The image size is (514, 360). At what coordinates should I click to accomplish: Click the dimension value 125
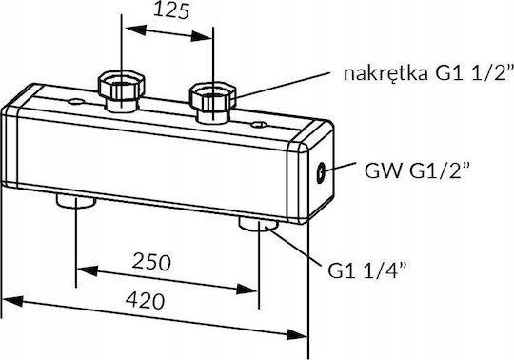click(171, 10)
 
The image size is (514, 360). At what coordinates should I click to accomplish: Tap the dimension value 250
click(151, 262)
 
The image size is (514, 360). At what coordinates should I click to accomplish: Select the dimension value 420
click(146, 301)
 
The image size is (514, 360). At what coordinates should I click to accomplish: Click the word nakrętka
click(385, 73)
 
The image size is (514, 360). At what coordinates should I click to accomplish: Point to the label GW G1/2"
click(417, 170)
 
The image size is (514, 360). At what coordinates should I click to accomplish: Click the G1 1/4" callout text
click(366, 270)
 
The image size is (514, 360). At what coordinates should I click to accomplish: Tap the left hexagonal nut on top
click(122, 87)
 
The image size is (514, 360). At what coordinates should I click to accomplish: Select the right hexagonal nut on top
click(213, 97)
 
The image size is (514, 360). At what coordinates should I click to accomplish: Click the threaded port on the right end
click(320, 172)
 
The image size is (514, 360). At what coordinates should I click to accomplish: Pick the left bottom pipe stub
click(76, 201)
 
